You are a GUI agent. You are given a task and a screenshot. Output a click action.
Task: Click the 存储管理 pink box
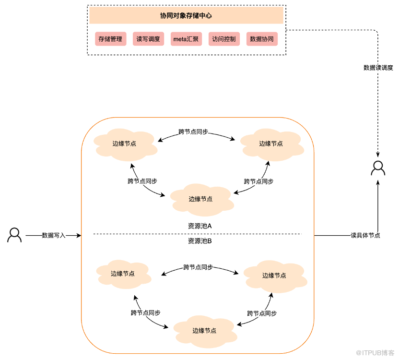(x=110, y=39)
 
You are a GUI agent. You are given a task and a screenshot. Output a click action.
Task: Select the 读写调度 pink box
(x=148, y=39)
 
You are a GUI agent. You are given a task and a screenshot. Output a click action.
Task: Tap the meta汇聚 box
(x=186, y=39)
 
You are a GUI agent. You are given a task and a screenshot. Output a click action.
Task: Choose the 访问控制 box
(x=224, y=39)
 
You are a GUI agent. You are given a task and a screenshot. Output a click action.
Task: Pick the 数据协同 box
(x=262, y=39)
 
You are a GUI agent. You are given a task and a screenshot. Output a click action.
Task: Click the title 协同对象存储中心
(x=186, y=15)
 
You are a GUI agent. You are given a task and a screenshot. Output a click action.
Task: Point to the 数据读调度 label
(x=378, y=68)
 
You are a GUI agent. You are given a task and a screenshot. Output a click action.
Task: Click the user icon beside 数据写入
(x=14, y=235)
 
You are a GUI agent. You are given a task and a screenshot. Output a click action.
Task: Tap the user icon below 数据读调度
(x=378, y=168)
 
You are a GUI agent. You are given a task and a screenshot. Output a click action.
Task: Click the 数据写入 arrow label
(x=54, y=235)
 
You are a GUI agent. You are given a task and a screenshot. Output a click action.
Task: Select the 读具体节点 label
(x=365, y=235)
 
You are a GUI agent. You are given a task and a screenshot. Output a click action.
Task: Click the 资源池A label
(x=200, y=226)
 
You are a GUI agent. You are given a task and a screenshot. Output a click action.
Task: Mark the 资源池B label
(x=200, y=241)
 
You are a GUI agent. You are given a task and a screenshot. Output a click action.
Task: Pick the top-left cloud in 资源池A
(x=125, y=144)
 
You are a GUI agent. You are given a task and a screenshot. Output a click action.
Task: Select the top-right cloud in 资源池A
(x=272, y=144)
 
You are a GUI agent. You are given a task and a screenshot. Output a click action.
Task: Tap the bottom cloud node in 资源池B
(x=205, y=332)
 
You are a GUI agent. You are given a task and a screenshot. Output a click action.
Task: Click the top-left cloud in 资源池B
(x=124, y=274)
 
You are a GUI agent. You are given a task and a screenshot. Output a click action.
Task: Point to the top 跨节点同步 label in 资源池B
(x=198, y=267)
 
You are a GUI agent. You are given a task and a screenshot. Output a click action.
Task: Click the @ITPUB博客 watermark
(x=375, y=353)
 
